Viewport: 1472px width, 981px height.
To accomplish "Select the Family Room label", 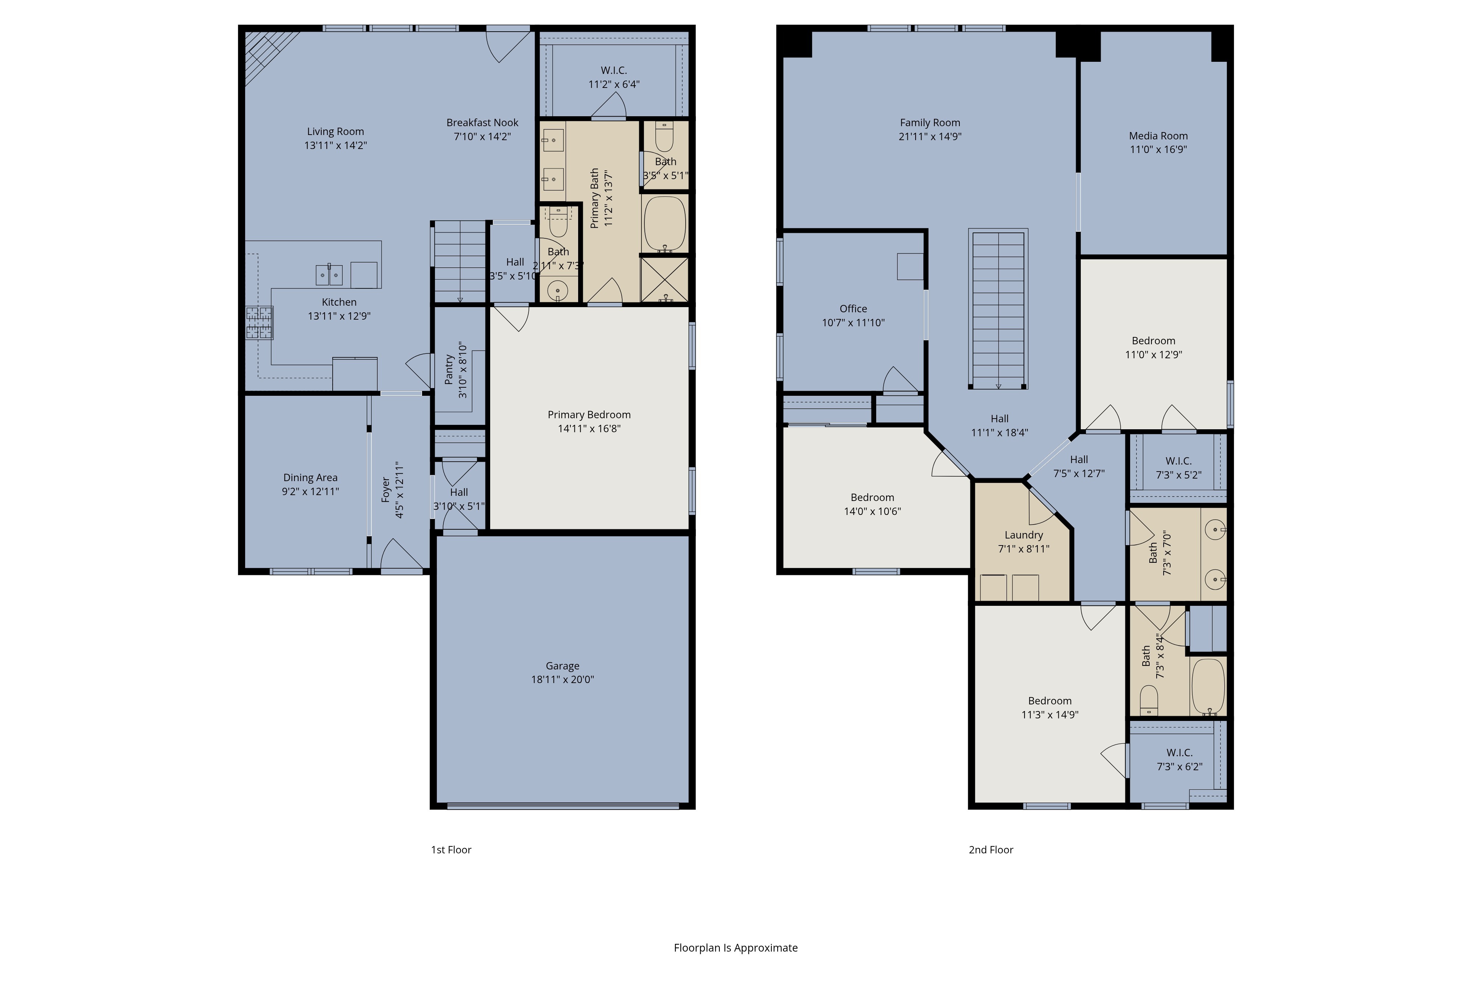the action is point(930,122).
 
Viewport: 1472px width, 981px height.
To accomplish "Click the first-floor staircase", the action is point(460,262).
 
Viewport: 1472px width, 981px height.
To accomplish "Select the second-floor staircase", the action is point(998,309).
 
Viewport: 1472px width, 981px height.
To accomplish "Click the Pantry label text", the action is point(449,369).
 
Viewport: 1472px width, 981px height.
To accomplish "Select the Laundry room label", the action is point(1023,535).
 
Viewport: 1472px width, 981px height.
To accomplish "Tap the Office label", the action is point(853,309).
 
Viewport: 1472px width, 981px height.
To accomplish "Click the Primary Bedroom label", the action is point(589,415).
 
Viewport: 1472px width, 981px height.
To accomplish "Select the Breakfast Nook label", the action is point(482,122).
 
